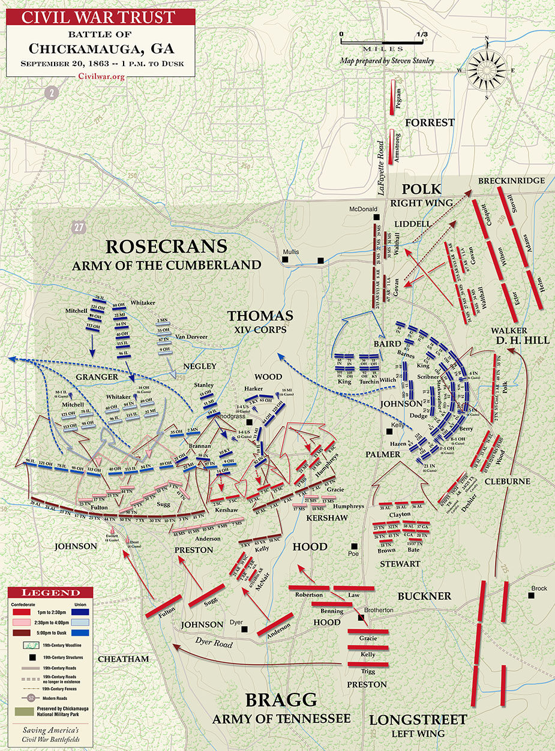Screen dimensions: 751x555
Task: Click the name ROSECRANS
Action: point(167,247)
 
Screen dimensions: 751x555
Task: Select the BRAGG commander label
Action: point(281,700)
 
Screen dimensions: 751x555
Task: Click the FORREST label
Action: point(430,122)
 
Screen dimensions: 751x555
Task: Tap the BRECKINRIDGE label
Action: point(511,181)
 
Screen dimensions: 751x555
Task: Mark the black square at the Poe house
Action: point(355,546)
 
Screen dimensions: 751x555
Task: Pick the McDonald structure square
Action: point(376,218)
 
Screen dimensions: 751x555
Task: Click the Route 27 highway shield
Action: point(77,227)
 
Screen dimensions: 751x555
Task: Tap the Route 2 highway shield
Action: point(53,92)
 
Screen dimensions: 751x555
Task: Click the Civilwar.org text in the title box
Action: point(100,76)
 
